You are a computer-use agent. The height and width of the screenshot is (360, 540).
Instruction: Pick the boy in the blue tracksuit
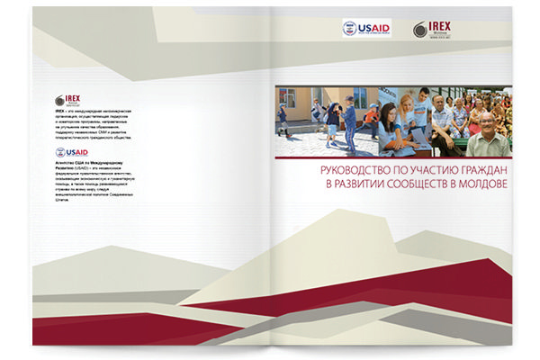(x=349, y=121)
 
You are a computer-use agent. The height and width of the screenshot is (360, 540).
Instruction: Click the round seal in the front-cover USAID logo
(x=349, y=29)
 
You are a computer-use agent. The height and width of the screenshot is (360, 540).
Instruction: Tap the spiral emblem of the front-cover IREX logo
(x=420, y=29)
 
